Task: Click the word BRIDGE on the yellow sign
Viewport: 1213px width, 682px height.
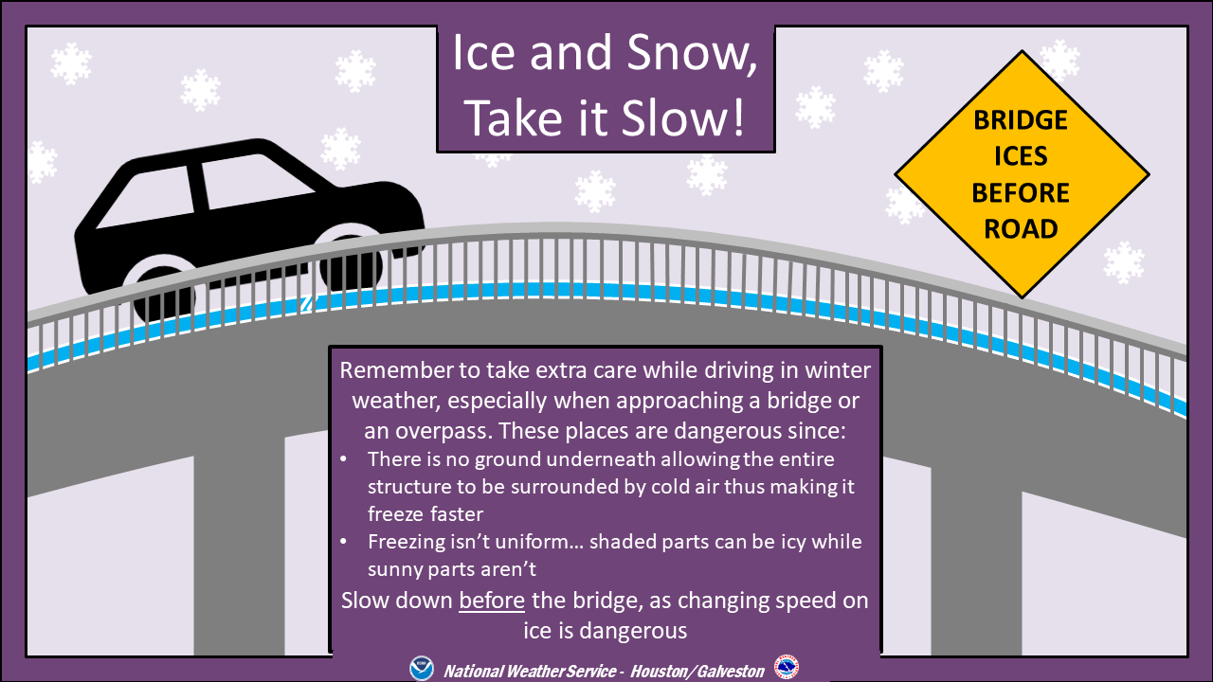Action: tap(1021, 119)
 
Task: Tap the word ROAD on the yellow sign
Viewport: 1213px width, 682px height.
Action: tap(1021, 228)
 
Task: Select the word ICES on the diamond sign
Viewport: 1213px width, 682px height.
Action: tap(1021, 156)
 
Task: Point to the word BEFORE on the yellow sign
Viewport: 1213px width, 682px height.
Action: tap(1021, 192)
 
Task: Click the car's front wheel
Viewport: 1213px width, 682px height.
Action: tap(351, 264)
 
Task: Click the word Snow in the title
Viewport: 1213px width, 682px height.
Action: tap(692, 53)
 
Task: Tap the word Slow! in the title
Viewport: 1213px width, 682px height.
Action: tap(683, 118)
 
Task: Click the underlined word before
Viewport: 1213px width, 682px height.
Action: tap(492, 601)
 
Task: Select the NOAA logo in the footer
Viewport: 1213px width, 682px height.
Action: tap(422, 668)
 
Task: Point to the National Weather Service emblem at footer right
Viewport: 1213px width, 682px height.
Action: tap(787, 666)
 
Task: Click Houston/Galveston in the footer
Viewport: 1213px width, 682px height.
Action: tap(697, 672)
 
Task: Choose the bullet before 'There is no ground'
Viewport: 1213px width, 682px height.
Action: tap(343, 459)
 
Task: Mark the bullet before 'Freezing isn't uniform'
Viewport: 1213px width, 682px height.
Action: tap(343, 541)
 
